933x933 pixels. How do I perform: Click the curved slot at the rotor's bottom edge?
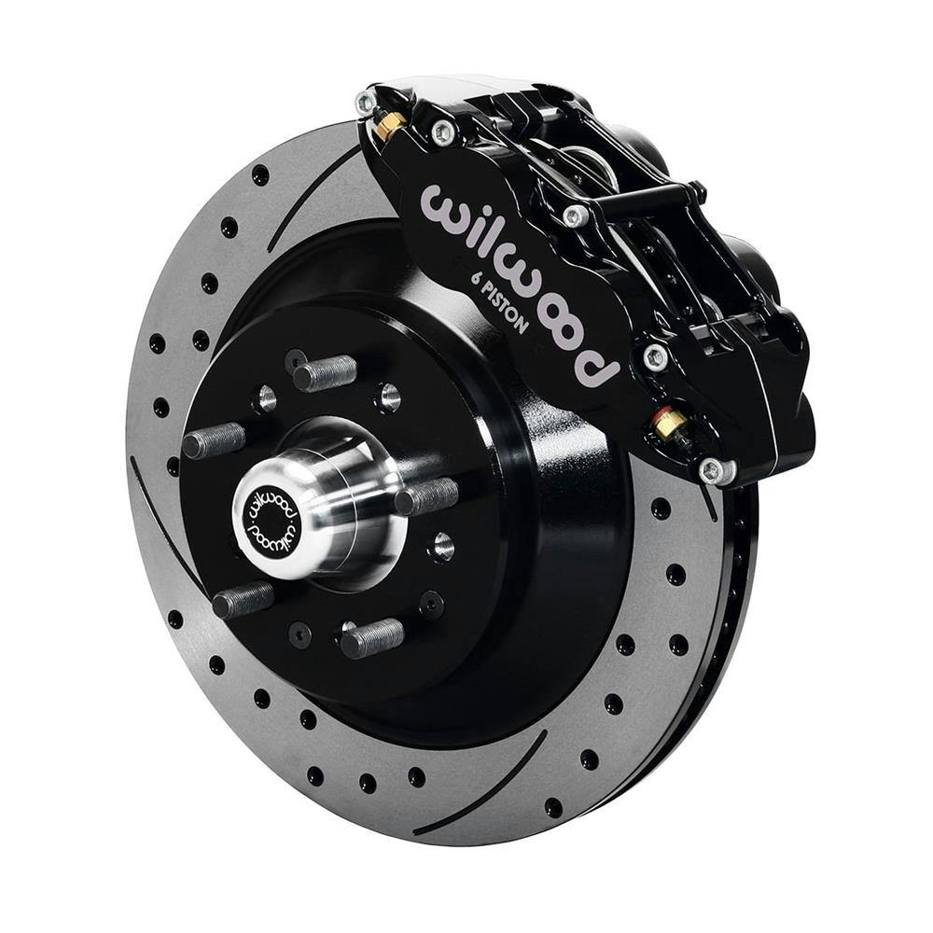485,784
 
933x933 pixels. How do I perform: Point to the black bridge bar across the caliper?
644,199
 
